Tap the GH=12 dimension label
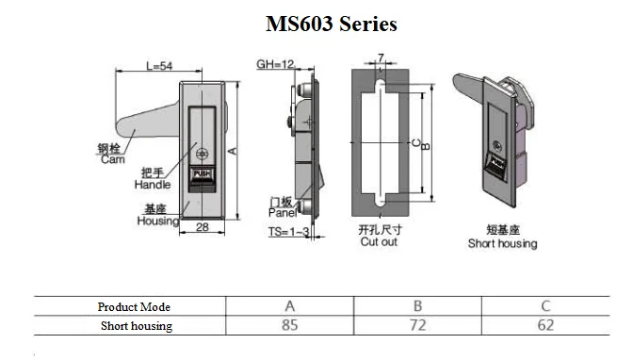(x=275, y=65)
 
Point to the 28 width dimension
(x=202, y=227)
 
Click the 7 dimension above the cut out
(x=381, y=58)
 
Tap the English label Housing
(x=157, y=221)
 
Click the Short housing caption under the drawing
(x=502, y=243)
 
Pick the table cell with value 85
(x=289, y=325)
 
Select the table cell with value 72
(x=418, y=325)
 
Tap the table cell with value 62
(x=546, y=325)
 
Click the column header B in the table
(x=418, y=307)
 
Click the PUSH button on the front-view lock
(x=203, y=173)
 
